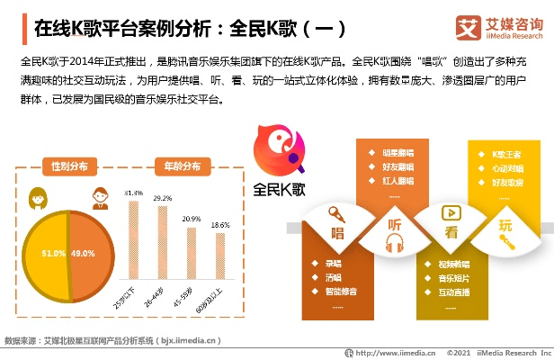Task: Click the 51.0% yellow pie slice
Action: (45, 254)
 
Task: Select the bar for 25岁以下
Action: (135, 243)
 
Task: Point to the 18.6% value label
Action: (219, 225)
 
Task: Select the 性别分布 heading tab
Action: (69, 166)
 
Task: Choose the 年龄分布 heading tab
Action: (176, 166)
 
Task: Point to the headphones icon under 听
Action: (393, 242)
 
